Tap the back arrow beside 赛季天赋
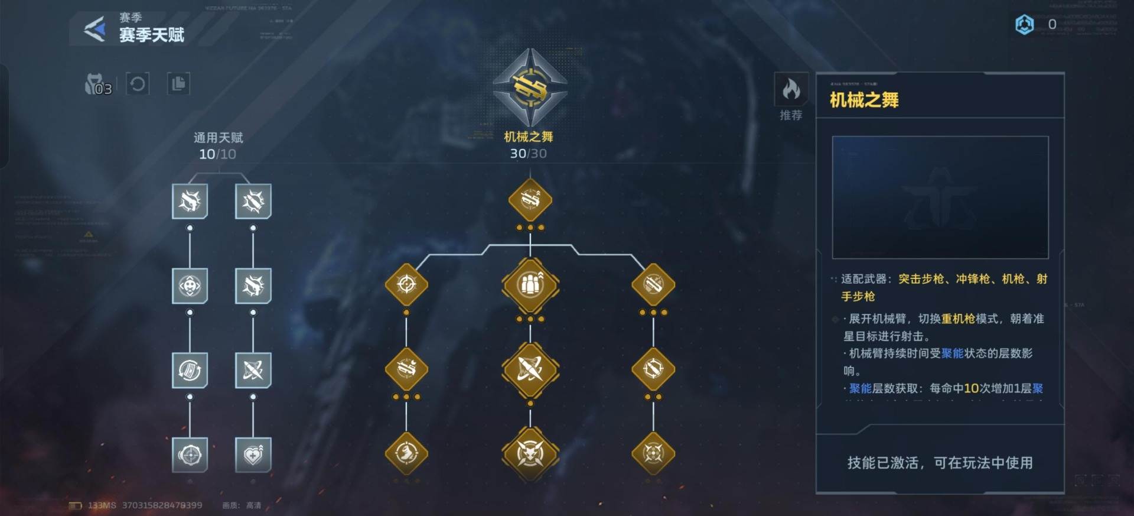[94, 28]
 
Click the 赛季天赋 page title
[152, 35]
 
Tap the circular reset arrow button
[138, 84]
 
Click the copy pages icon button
[178, 84]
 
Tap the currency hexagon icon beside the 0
[1024, 24]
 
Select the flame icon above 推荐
[791, 89]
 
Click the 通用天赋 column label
[218, 138]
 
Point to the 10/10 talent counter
[217, 154]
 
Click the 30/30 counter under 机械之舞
[528, 154]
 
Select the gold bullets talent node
[530, 285]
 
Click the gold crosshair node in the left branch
[406, 284]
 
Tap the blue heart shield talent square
[253, 455]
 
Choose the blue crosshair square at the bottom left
[190, 455]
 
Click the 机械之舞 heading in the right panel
[864, 100]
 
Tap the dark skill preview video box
[940, 197]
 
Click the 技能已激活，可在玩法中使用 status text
[940, 463]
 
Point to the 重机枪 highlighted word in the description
[958, 319]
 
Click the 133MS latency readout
[102, 505]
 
